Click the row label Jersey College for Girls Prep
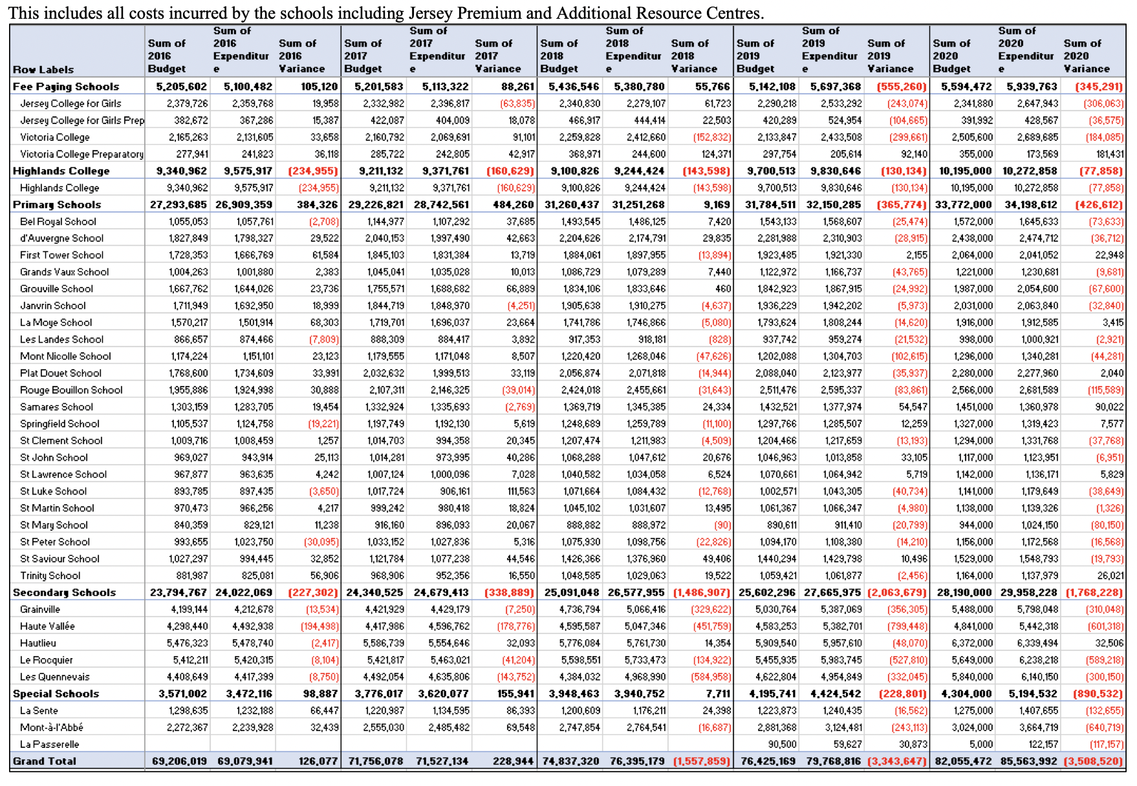(82, 120)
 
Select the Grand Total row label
(45, 761)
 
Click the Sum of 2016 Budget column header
(167, 56)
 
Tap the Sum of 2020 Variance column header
(1087, 56)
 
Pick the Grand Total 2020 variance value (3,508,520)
(1094, 761)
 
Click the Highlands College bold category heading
(61, 171)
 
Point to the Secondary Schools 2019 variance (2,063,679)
(897, 592)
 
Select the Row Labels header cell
(43, 69)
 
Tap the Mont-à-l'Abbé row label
(52, 727)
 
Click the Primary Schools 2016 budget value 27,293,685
(179, 204)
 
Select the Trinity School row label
(50, 575)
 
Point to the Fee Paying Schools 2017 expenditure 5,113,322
(445, 87)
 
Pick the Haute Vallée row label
(47, 626)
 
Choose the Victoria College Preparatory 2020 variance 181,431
(1106, 154)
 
